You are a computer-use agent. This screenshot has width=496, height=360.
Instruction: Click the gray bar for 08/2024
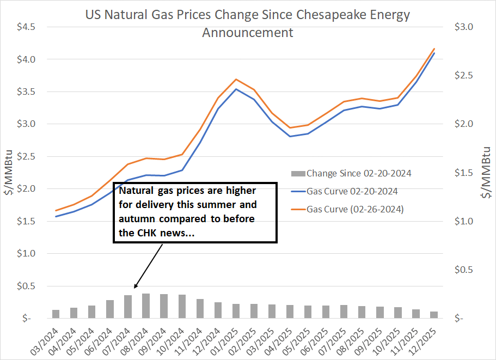[x=146, y=306]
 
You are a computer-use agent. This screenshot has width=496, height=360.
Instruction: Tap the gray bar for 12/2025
[x=434, y=315]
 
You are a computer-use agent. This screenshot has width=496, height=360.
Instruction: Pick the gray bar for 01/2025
[x=236, y=311]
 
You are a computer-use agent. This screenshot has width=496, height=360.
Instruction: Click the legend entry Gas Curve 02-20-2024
[x=351, y=191]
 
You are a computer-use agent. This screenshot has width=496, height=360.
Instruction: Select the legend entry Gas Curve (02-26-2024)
[x=355, y=209]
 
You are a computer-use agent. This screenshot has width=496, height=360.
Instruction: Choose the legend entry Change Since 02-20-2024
[x=358, y=174]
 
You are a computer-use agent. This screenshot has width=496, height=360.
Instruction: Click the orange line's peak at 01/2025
[x=236, y=79]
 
